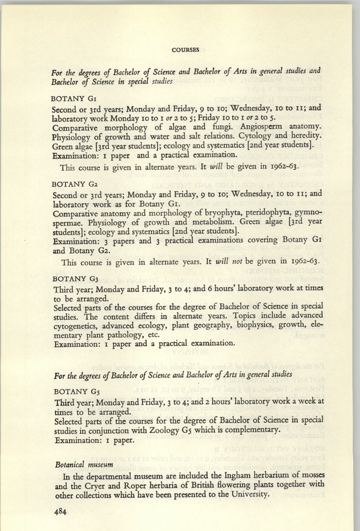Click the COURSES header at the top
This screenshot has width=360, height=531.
185,49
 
